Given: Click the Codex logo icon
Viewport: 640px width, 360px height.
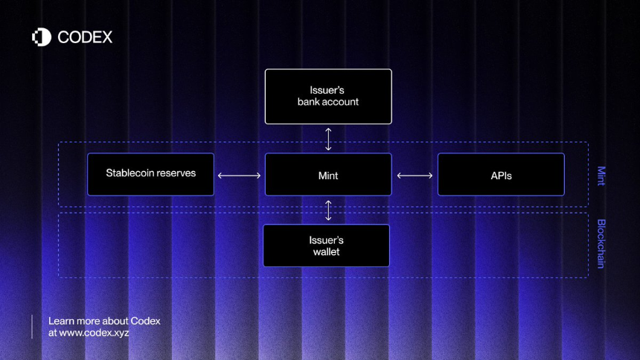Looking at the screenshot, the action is [42, 37].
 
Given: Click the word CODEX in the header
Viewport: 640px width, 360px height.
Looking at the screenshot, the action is [85, 37].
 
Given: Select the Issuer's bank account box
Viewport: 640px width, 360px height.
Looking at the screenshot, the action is [328, 97].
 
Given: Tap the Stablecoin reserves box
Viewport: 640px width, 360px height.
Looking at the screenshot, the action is [150, 174].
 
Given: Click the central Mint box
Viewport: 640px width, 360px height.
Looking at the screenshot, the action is [328, 174].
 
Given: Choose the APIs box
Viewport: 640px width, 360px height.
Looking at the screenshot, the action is [502, 174].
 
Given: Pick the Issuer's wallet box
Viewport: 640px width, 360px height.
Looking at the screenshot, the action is [326, 245].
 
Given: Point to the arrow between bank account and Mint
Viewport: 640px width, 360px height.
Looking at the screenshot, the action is [328, 139].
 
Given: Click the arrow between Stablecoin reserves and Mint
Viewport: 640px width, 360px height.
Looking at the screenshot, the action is [239, 176].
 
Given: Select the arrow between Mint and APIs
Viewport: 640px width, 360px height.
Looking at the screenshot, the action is [415, 176].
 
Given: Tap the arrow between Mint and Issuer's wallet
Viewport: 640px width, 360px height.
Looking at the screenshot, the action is [328, 210].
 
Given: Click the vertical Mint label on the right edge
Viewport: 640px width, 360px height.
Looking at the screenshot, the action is [601, 176].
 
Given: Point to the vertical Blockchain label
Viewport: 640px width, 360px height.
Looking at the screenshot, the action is [601, 244].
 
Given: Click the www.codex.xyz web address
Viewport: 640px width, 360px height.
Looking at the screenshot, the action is [94, 332].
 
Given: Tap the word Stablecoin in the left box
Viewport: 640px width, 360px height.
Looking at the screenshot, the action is [129, 173].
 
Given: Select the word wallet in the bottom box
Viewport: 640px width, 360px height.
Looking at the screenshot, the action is [326, 252].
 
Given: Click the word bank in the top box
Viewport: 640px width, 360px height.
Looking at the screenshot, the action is [309, 102].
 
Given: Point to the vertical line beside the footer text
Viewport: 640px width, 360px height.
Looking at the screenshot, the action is [32, 327].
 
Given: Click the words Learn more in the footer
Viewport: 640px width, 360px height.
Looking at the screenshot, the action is [68, 321].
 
